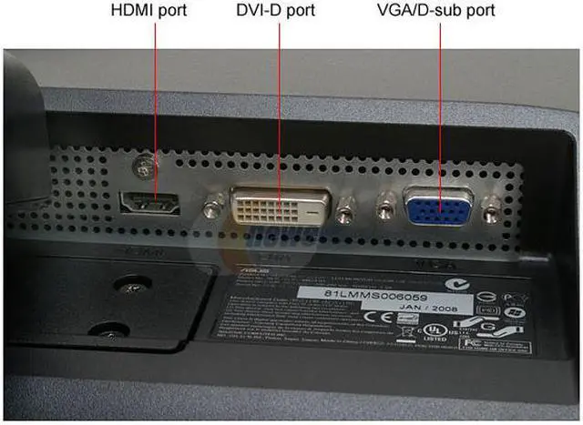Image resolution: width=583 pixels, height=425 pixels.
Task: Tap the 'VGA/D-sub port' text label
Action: tap(435, 13)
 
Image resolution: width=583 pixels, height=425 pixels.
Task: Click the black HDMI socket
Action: tap(150, 202)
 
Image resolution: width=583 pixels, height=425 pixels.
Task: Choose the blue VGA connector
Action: tap(438, 208)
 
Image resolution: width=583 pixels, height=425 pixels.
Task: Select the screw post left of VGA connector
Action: tap(385, 208)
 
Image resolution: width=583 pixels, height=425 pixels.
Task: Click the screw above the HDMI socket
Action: tap(140, 166)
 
